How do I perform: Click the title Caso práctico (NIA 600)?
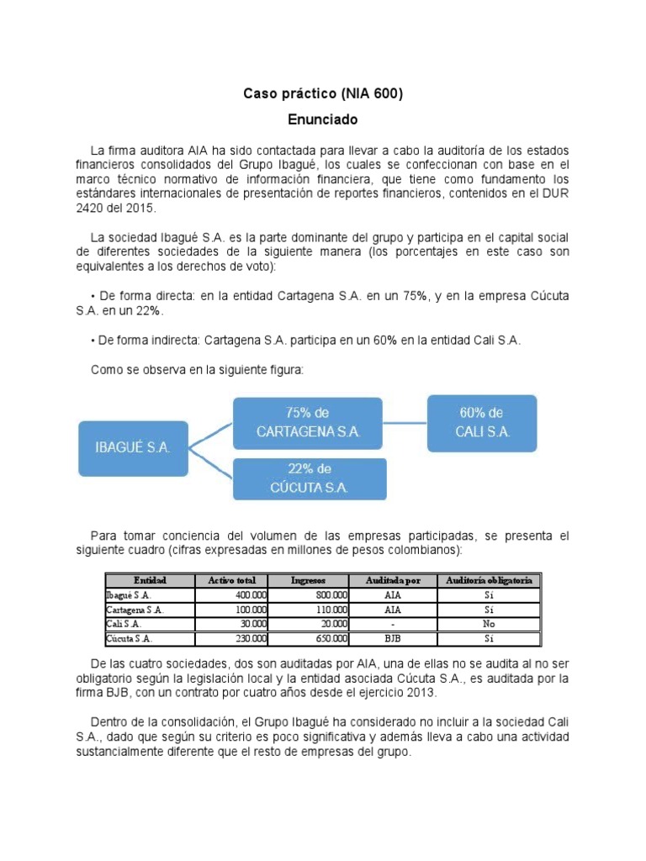click(x=323, y=94)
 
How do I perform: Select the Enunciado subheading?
click(x=323, y=119)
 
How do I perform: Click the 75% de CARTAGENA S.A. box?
click(x=309, y=422)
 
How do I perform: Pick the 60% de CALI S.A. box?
click(x=481, y=422)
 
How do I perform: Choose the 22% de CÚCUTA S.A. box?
click(x=309, y=478)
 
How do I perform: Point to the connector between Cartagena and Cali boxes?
click(x=407, y=422)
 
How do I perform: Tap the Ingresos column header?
click(x=308, y=580)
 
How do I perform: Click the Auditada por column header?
click(x=392, y=580)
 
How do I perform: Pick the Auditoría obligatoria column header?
click(x=488, y=580)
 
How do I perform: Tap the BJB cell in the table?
click(x=392, y=638)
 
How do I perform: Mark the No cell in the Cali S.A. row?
click(x=488, y=624)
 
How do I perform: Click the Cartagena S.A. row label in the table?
click(x=135, y=610)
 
